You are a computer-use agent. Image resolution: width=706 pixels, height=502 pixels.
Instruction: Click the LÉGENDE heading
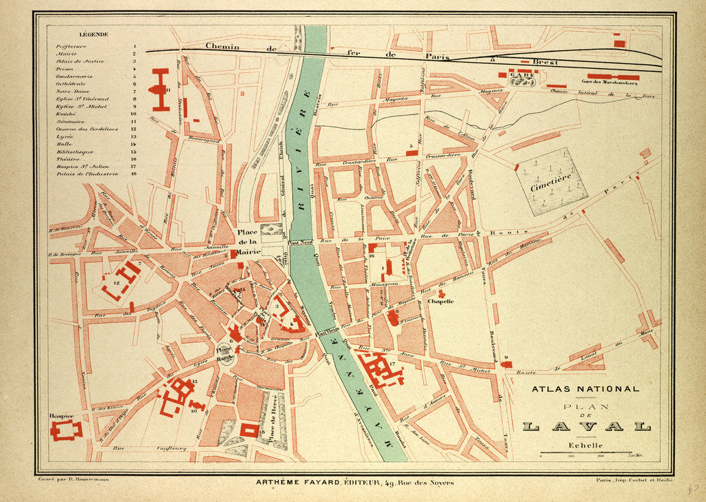pyautogui.click(x=94, y=34)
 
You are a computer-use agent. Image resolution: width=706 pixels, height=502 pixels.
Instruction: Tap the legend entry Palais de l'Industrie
pyautogui.click(x=88, y=174)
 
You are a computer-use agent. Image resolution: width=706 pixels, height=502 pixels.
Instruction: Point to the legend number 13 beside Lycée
pyautogui.click(x=133, y=136)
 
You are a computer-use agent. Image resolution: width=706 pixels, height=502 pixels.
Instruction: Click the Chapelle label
pyautogui.click(x=441, y=301)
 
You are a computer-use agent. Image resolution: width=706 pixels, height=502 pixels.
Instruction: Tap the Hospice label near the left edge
pyautogui.click(x=61, y=416)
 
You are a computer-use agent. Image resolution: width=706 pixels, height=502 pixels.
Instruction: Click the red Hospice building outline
pyautogui.click(x=66, y=430)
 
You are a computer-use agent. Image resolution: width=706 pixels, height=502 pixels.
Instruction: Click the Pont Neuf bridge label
pyautogui.click(x=301, y=242)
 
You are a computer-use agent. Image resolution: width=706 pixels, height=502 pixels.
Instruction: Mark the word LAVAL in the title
pyautogui.click(x=586, y=427)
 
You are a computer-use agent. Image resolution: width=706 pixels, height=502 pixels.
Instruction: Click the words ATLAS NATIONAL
pyautogui.click(x=585, y=389)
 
